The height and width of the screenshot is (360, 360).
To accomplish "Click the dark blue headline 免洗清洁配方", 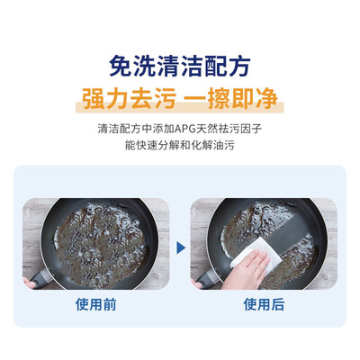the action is coord(180,66).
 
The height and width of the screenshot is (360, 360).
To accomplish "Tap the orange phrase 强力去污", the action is coord(130,98).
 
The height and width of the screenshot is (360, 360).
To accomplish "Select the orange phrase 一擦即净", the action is coord(230,98).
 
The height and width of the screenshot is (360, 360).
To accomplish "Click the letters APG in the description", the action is coord(185,129).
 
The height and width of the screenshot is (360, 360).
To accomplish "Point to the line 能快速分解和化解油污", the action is coord(180,146).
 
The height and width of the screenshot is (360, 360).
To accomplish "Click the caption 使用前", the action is coord(95,304).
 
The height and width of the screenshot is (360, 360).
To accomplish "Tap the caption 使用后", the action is coord(264,304).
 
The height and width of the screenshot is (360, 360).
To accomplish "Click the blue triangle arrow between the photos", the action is coord(181,247).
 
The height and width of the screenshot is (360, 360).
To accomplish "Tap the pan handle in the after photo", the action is coord(209,280).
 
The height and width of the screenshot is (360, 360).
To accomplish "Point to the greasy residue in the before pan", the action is coord(99,241).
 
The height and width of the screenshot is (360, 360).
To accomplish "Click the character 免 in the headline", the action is coord(121,66).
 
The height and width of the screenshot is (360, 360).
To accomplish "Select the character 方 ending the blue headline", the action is coord(239,66).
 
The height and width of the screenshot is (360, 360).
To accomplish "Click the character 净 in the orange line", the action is coord(266,98).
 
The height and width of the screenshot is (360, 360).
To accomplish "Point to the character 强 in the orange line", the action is coord(94,98).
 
